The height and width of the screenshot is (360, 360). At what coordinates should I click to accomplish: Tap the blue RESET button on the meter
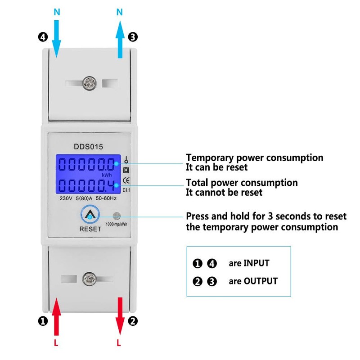(90, 216)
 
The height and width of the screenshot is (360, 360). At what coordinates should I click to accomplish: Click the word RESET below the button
(90, 229)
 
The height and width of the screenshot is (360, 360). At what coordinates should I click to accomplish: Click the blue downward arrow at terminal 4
(57, 38)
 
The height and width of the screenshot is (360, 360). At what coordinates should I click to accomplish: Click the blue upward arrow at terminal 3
(120, 40)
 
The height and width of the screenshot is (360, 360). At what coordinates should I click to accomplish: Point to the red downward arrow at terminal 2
(120, 317)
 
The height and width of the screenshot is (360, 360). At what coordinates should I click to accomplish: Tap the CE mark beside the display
(126, 181)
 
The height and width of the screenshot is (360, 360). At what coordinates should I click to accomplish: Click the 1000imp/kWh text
(116, 225)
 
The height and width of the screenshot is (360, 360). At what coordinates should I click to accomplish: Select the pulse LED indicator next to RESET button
(117, 216)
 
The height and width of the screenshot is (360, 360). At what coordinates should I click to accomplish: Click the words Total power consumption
(242, 183)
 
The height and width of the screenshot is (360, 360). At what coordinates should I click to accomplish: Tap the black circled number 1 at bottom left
(42, 321)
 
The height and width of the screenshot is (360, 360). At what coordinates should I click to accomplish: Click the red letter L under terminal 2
(119, 343)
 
